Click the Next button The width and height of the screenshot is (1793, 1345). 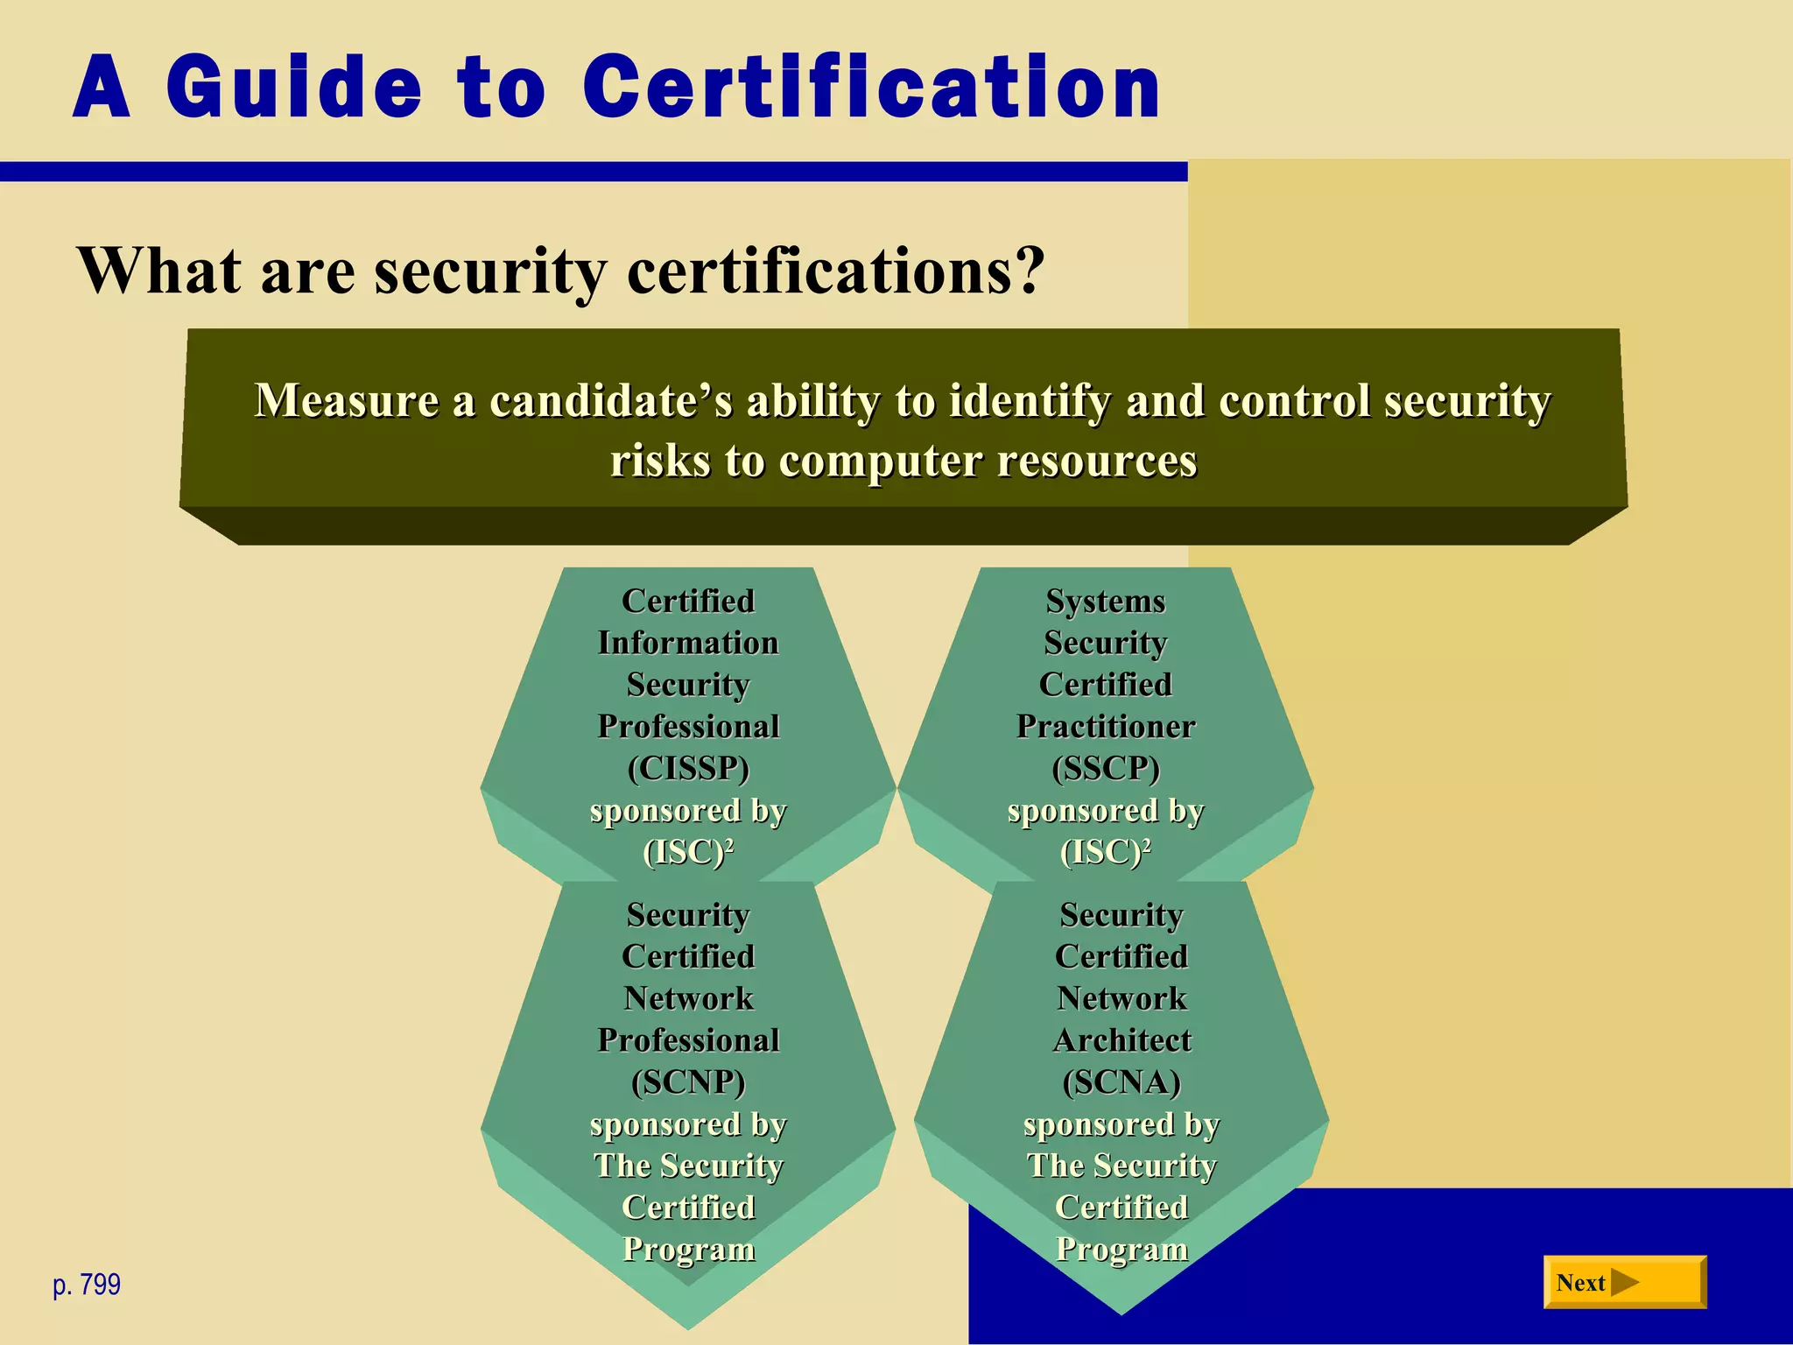coord(1624,1282)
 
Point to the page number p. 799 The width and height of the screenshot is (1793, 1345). coord(87,1285)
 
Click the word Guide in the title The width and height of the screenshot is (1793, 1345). coord(293,87)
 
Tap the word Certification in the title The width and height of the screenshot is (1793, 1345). coord(871,87)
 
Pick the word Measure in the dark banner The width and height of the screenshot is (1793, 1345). coord(347,401)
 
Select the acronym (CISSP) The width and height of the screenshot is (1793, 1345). coord(688,768)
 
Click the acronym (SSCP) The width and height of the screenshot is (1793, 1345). coord(1106,768)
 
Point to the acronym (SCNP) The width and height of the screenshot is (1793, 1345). coord(688,1081)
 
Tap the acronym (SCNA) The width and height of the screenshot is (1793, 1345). coord(1122,1081)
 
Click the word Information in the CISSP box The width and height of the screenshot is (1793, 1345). coord(688,643)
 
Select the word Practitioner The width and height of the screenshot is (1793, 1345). coord(1106,726)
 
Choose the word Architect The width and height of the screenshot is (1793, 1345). coord(1122,1039)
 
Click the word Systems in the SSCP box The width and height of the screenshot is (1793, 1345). coord(1106,601)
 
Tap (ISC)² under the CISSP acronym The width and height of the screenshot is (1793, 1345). coord(688,851)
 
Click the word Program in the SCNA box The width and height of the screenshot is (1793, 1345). coord(1122,1249)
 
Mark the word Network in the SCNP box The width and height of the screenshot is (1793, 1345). coord(688,998)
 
